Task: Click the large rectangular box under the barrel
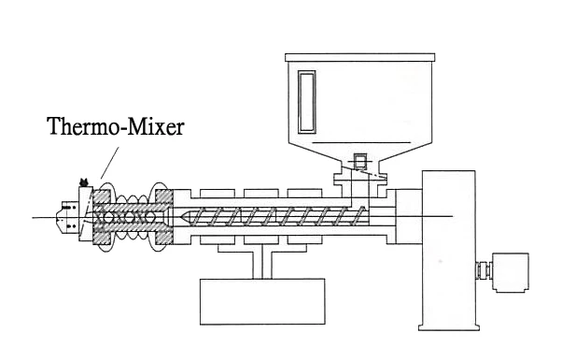click(x=258, y=300)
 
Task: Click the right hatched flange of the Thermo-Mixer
click(x=164, y=217)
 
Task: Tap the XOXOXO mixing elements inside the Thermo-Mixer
click(x=122, y=217)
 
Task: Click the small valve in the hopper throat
click(x=358, y=168)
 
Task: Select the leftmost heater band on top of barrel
click(x=219, y=193)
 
